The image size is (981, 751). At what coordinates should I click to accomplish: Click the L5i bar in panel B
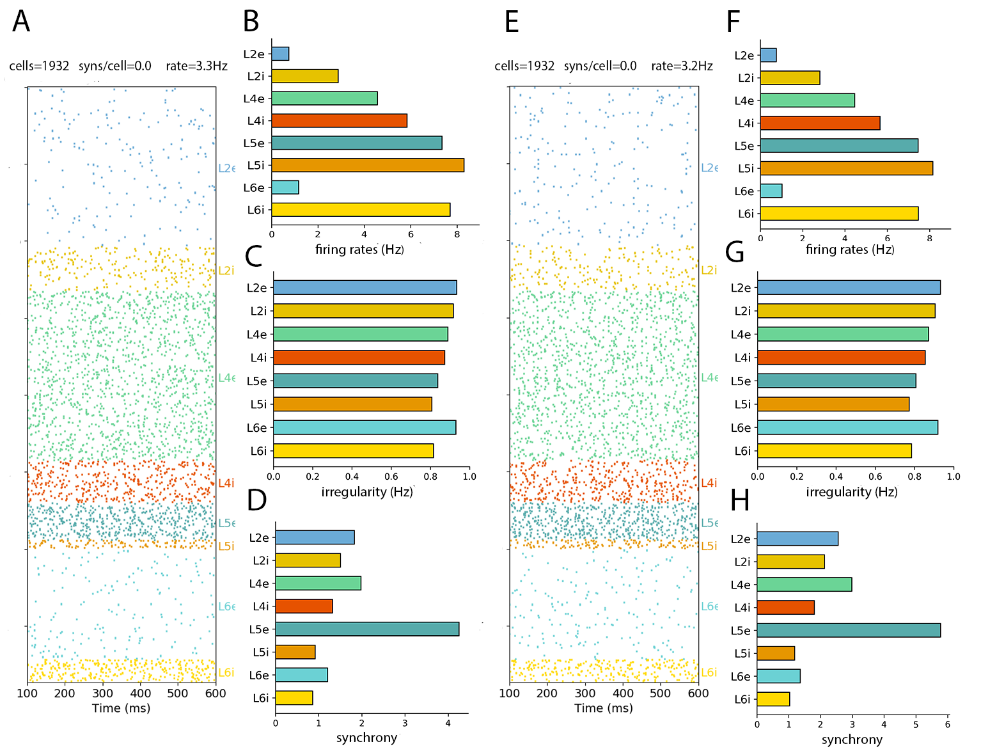coord(368,165)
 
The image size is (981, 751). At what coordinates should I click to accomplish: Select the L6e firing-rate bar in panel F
coord(771,191)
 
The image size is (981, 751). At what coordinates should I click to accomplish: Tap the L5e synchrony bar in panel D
coord(367,629)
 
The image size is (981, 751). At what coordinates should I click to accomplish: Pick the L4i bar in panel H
coord(785,607)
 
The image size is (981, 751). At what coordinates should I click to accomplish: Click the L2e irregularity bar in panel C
coord(365,288)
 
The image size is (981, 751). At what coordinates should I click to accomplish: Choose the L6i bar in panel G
coord(834,451)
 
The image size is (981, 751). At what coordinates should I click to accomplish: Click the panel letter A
coord(21,21)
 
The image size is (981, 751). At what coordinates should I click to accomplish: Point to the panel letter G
coord(735,253)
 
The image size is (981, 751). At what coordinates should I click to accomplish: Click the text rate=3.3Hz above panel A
coord(196,66)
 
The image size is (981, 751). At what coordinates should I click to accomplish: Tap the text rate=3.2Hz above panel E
coord(682,66)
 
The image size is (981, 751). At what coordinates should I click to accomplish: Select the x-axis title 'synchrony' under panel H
coord(852,739)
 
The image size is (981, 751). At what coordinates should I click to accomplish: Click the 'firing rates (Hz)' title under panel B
coord(359,249)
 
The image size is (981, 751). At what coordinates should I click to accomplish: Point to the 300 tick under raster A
coord(102,693)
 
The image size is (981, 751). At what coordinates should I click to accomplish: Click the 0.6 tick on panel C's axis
coord(391,477)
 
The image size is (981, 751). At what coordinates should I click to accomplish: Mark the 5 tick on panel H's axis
coord(916,725)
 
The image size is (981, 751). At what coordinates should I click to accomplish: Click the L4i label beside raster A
coord(226,483)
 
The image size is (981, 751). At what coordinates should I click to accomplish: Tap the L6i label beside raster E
coord(709,672)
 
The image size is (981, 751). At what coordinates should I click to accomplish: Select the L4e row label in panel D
coord(259,583)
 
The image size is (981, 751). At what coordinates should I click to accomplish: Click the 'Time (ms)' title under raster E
coord(604,708)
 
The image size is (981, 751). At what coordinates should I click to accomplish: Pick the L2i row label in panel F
coord(746,78)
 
